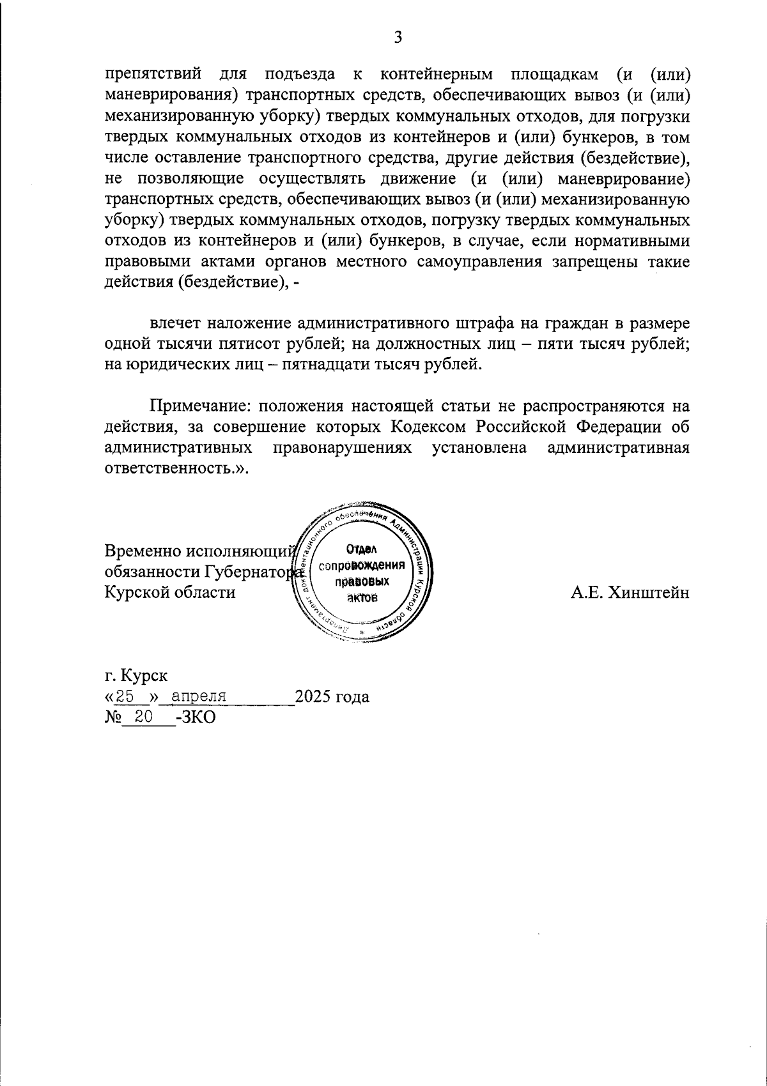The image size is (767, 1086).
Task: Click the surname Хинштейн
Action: (649, 592)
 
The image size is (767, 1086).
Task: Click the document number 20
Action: (143, 717)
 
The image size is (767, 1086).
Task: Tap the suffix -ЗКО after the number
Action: (195, 717)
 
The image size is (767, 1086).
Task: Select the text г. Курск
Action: (136, 675)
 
